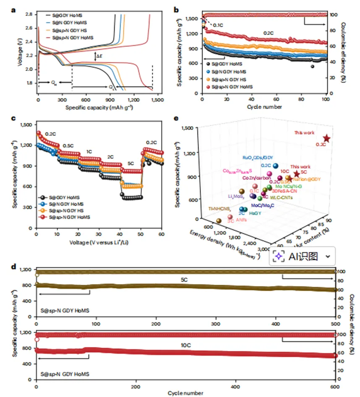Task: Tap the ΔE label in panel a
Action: click(99, 56)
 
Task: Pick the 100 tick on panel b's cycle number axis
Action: click(325, 99)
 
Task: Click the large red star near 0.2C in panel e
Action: click(326, 138)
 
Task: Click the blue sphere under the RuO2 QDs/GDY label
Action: click(275, 166)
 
